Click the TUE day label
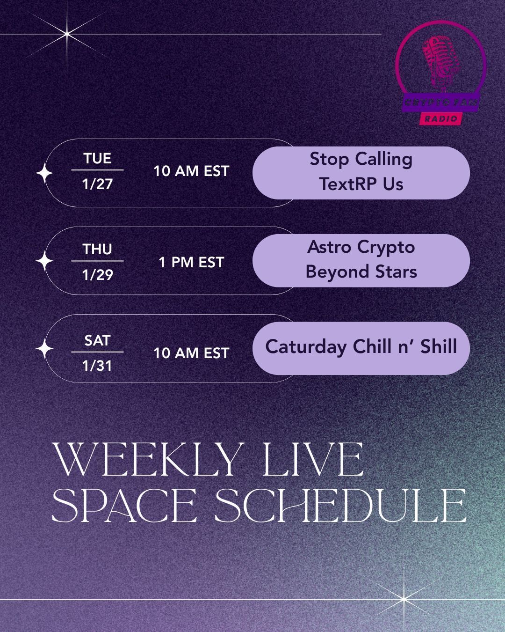point(97,158)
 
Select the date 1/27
point(97,184)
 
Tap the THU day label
point(97,249)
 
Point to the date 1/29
point(97,275)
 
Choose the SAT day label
point(97,340)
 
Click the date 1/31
point(97,366)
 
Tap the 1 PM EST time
point(191,262)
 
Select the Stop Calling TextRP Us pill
point(361,173)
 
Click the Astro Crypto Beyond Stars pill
point(361,260)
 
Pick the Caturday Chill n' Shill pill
point(361,348)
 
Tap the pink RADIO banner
point(441,118)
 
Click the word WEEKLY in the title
point(148,460)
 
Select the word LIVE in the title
point(313,460)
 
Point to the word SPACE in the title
point(124,506)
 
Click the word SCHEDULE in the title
point(341,506)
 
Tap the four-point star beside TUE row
point(44,173)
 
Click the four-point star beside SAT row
point(44,349)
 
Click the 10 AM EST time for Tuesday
point(191,171)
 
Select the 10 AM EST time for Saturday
point(191,353)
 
